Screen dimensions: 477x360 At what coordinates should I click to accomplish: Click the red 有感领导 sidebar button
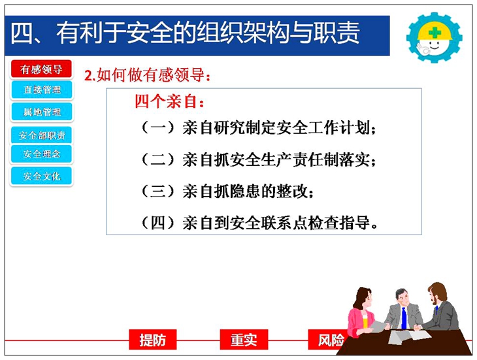pos(41,69)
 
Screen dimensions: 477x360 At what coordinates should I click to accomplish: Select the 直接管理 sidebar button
pos(42,90)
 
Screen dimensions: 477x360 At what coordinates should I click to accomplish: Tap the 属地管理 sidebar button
pos(42,112)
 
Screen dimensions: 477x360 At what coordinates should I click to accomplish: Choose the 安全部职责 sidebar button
pos(42,135)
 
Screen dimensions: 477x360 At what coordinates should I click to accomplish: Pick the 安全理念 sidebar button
pos(42,154)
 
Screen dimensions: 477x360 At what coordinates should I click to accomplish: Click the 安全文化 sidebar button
pos(42,176)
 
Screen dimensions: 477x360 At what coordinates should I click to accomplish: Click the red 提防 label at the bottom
pos(153,340)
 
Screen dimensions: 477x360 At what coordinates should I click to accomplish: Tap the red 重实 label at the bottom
pos(244,340)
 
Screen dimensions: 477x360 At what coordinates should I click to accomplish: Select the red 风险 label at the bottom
pos(329,340)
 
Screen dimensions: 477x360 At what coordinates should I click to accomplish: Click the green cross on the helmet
pos(435,32)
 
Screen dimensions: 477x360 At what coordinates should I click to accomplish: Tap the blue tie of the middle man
pos(404,318)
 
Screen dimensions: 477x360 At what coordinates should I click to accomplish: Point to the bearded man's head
pos(437,293)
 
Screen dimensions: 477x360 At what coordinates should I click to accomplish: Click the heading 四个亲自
pos(169,101)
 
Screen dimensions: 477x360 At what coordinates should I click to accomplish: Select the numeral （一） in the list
pos(158,127)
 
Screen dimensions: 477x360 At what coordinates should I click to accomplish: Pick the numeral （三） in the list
pos(158,191)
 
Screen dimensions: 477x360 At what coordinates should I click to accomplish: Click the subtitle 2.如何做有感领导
pos(147,74)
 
